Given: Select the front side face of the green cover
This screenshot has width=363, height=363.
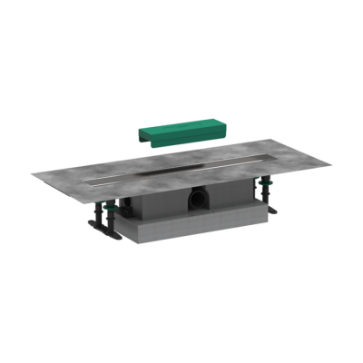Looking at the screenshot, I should tap(186, 139).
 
